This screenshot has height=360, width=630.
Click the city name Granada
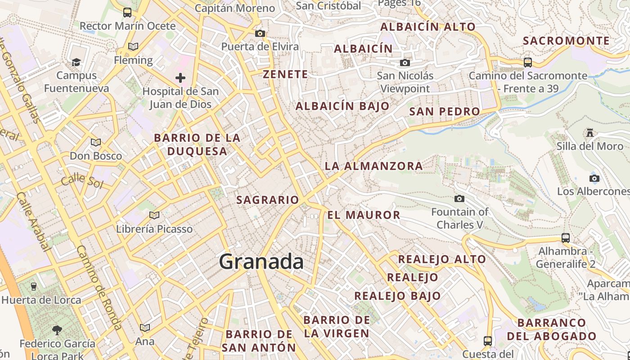click(261, 262)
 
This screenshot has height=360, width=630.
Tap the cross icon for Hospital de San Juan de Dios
click(180, 78)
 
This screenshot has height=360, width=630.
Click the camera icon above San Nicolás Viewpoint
click(405, 63)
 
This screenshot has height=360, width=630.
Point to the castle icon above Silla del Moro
click(590, 132)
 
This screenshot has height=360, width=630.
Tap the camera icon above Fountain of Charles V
click(459, 198)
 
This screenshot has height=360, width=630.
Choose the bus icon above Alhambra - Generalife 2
click(566, 238)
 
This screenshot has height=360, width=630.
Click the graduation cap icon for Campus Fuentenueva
click(76, 62)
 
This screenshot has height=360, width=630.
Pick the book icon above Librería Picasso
click(154, 216)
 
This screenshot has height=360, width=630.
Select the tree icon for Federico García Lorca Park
click(57, 330)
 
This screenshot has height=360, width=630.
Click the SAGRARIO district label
click(267, 200)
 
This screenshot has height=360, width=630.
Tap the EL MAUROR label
click(364, 215)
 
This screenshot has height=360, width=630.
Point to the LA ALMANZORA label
click(373, 166)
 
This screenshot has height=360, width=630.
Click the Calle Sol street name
click(82, 180)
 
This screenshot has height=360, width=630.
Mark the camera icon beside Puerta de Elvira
click(260, 33)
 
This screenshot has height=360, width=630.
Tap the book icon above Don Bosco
click(96, 143)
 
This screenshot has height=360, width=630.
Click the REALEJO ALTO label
click(442, 259)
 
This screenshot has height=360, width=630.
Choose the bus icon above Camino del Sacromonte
click(528, 63)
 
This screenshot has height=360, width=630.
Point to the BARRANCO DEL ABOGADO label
click(552, 329)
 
